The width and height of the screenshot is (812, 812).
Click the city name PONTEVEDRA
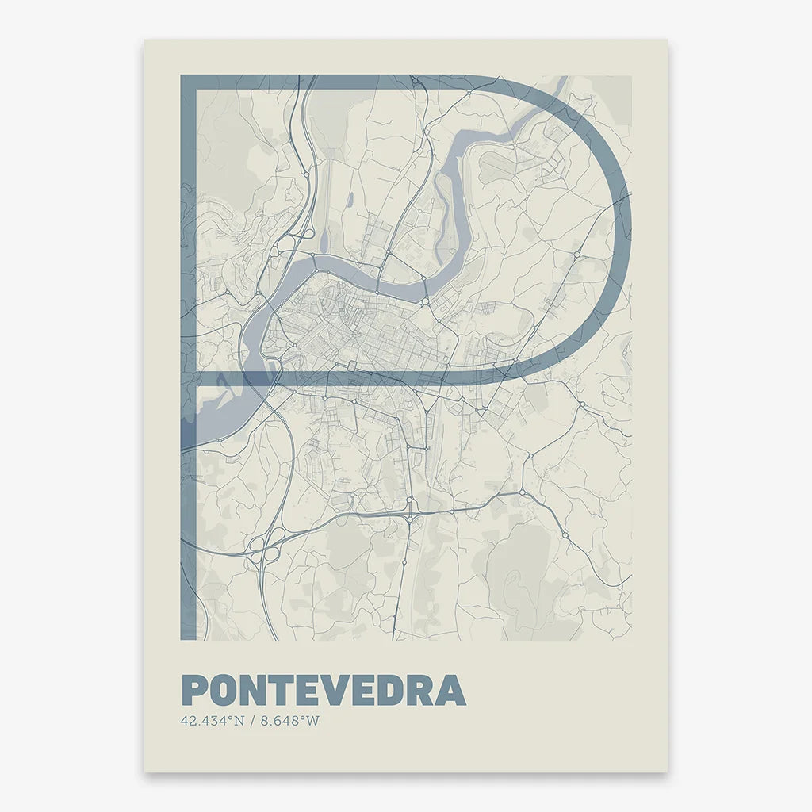coord(324,690)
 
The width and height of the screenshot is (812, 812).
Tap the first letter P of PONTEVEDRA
coord(194,690)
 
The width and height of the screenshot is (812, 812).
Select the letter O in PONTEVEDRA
coord(225,690)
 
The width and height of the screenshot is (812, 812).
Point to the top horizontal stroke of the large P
coord(333,82)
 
